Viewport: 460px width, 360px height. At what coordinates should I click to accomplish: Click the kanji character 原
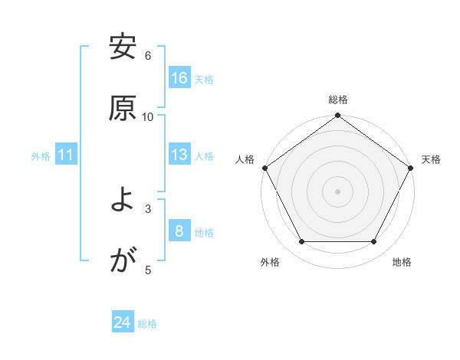click(x=123, y=108)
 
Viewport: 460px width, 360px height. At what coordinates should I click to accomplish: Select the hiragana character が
click(x=123, y=262)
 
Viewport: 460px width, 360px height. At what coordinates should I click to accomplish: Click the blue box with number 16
click(x=179, y=78)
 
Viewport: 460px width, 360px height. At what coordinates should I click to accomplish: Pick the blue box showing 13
click(x=179, y=155)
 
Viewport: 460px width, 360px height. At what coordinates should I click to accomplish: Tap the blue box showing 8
click(x=179, y=231)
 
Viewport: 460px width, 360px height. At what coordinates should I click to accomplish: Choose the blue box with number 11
click(x=66, y=155)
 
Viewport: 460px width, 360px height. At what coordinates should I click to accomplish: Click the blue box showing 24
click(x=123, y=322)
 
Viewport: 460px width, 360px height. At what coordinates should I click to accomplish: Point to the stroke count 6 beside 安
click(x=148, y=56)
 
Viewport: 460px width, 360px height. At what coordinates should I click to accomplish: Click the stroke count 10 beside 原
click(x=148, y=116)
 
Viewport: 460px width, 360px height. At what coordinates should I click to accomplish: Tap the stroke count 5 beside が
click(x=148, y=270)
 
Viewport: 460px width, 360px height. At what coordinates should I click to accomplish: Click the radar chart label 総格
click(x=338, y=100)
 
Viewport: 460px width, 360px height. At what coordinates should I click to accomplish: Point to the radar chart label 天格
click(x=431, y=159)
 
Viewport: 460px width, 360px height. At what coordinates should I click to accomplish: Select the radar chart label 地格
click(x=402, y=263)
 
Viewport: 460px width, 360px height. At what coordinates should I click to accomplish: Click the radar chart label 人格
click(x=245, y=159)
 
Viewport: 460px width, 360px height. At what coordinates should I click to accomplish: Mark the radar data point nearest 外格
click(x=301, y=242)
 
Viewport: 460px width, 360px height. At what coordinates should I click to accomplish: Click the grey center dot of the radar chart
click(x=338, y=191)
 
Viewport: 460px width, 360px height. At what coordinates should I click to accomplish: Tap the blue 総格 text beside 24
click(x=147, y=324)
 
